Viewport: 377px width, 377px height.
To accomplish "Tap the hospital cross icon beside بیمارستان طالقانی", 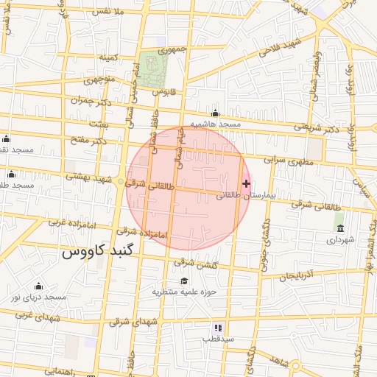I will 246,183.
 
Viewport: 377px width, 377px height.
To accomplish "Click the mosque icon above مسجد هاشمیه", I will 215,113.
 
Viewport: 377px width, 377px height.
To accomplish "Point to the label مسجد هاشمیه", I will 216,124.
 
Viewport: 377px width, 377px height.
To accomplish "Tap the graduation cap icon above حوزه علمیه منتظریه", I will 183,281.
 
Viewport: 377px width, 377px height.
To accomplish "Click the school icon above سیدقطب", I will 218,327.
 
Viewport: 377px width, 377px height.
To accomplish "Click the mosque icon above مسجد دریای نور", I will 38,286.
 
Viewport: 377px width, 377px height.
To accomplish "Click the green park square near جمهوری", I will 154,67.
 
